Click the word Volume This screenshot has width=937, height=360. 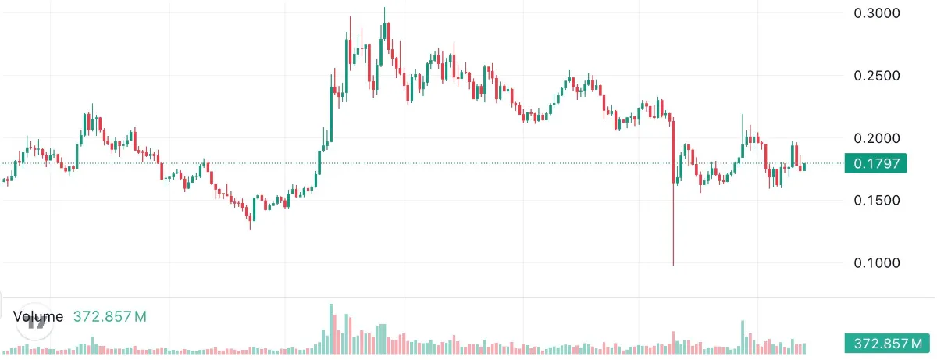[x=38, y=316]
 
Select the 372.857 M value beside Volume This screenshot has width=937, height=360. [x=109, y=316]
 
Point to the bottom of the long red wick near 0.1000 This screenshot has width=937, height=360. [x=673, y=264]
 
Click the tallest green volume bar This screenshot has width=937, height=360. [x=331, y=328]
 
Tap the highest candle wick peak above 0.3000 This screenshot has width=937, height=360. [x=384, y=9]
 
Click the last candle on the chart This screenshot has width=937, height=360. [x=803, y=166]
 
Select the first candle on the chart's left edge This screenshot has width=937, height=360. [x=5, y=181]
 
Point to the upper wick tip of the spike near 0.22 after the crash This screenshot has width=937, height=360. [x=743, y=114]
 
